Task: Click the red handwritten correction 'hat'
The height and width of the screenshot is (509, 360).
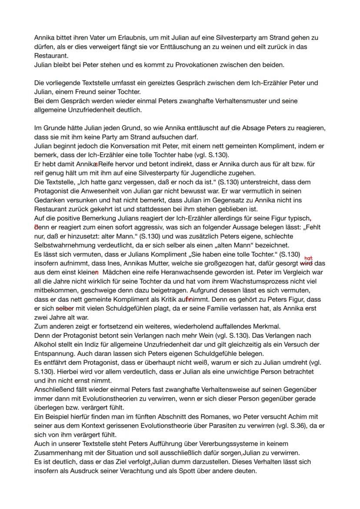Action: click(x=309, y=258)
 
